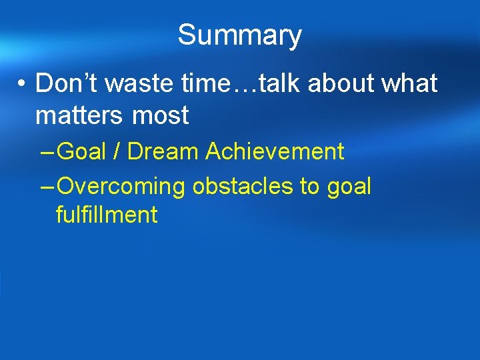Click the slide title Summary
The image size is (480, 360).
pyautogui.click(x=239, y=35)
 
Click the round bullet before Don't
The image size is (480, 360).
pyautogui.click(x=23, y=84)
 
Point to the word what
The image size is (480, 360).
pyautogui.click(x=408, y=83)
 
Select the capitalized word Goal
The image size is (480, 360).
pyautogui.click(x=82, y=151)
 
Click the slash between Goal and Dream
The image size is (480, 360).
pyautogui.click(x=117, y=151)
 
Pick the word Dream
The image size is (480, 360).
pyautogui.click(x=163, y=151)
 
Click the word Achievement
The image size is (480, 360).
pyautogui.click(x=275, y=151)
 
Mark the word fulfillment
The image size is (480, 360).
pyautogui.click(x=107, y=215)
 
